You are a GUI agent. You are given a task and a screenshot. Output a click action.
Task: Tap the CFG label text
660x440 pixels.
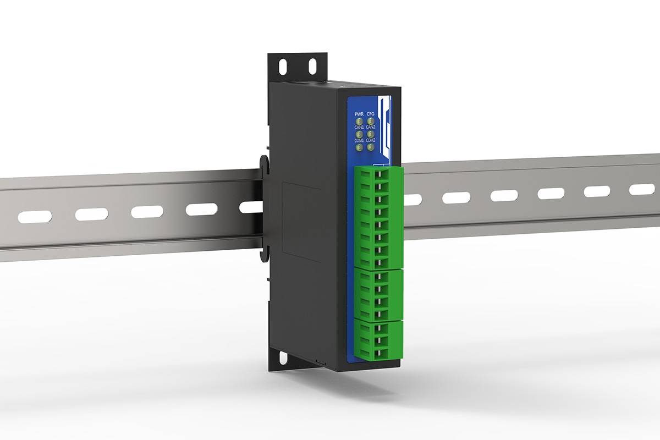pos(371,114)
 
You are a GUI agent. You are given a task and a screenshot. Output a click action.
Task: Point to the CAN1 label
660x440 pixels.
pos(359,127)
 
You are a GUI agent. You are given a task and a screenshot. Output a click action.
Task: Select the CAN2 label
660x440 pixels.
pos(371,127)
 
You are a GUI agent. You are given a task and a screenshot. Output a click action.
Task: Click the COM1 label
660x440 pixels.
pos(359,140)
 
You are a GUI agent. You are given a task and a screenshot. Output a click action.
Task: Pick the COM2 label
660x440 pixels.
pos(371,140)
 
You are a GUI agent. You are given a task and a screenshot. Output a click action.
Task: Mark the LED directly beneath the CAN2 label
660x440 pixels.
pos(371,134)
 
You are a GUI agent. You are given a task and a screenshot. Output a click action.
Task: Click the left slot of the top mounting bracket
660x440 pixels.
pos(283,67)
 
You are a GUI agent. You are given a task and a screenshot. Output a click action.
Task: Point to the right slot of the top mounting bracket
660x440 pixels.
pos(312,67)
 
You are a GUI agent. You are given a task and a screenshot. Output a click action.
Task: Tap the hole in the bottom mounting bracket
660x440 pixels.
pos(283,358)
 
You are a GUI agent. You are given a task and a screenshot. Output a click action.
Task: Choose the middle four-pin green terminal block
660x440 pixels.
pos(380,294)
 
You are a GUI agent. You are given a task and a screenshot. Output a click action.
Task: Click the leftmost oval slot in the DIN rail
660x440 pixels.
pos(35,217)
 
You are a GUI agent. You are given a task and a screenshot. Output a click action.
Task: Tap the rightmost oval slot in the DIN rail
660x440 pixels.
pos(642,189)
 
